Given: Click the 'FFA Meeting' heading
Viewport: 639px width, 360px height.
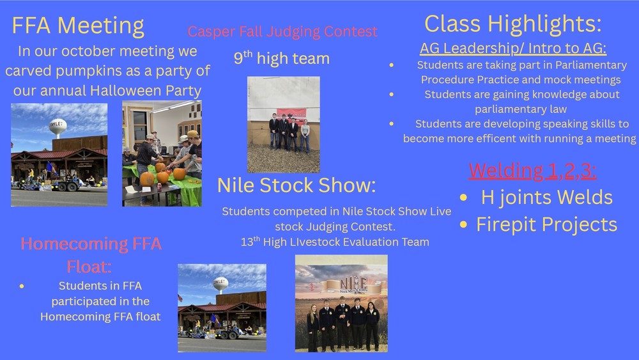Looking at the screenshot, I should click(x=78, y=26).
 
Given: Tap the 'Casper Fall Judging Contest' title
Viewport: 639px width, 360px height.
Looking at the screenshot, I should click(x=282, y=31).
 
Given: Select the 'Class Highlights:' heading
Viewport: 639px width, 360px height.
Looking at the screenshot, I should click(x=512, y=24).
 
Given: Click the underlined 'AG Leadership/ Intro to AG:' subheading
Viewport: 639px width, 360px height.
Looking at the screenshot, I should click(x=512, y=49).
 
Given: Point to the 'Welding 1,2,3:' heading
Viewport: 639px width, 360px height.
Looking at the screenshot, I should click(x=532, y=171).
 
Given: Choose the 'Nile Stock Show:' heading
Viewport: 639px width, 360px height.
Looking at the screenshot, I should click(x=296, y=185).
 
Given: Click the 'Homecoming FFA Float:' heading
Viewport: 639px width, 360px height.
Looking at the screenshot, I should click(x=91, y=253).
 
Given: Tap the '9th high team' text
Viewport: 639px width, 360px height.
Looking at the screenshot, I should click(x=281, y=59).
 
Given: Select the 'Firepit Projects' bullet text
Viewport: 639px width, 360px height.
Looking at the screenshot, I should click(x=546, y=224).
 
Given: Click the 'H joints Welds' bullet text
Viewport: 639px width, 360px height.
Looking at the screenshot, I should click(x=546, y=198).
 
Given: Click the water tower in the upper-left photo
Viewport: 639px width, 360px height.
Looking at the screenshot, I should click(x=58, y=126).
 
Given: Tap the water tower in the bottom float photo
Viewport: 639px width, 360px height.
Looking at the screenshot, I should click(x=220, y=283).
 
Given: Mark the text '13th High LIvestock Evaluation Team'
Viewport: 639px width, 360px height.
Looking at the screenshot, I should click(x=335, y=242).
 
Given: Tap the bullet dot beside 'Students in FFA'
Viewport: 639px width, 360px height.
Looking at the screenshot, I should click(x=22, y=286).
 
